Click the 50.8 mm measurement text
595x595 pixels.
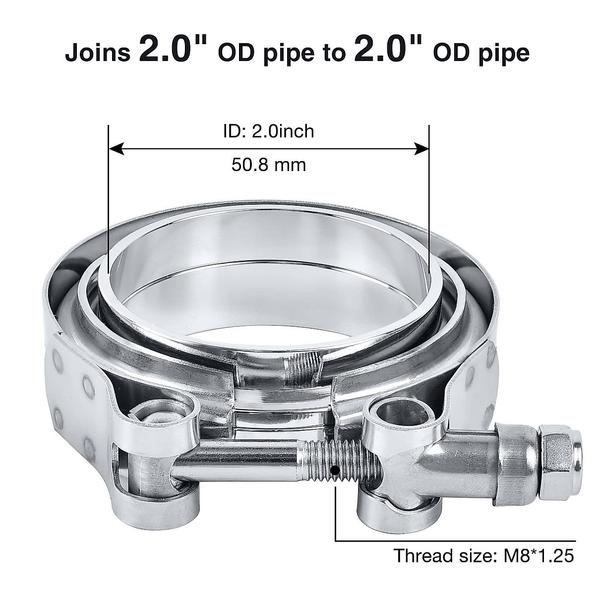click(x=268, y=164)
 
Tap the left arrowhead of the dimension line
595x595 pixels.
click(x=115, y=148)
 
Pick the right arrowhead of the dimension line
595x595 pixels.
click(x=422, y=148)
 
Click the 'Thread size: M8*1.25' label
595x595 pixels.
click(x=484, y=556)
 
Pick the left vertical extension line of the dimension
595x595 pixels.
click(x=108, y=198)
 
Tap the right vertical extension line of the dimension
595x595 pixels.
click(x=429, y=198)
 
